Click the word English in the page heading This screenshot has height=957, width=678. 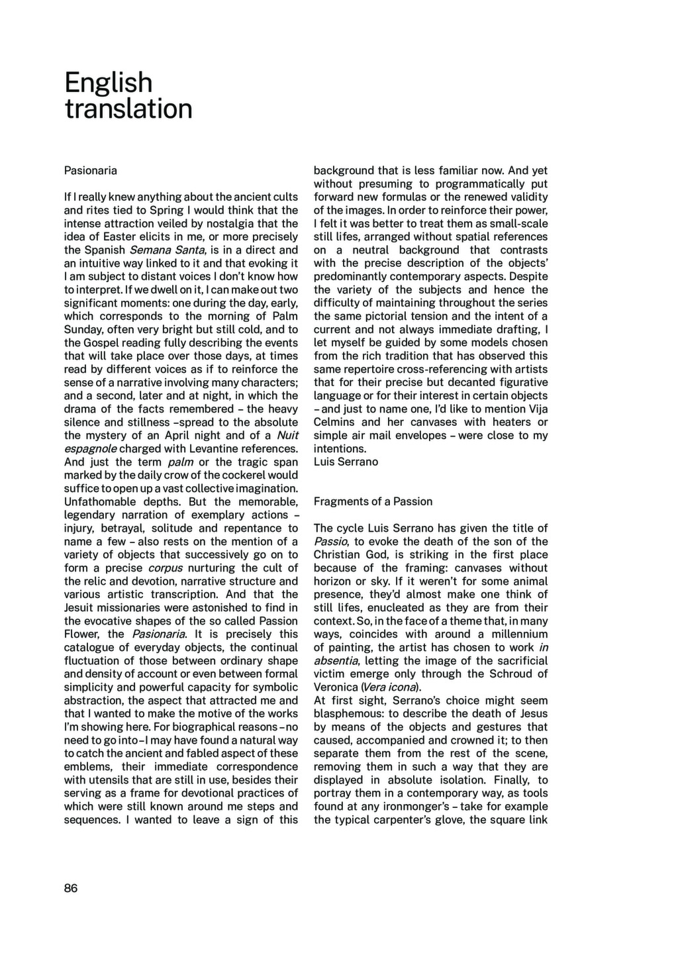point(109,83)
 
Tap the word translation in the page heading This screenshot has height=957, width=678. point(128,109)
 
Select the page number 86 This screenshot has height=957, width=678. point(71,888)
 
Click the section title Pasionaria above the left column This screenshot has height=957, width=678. point(91,170)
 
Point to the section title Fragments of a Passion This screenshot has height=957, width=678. point(373,501)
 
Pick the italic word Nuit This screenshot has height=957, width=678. point(287,435)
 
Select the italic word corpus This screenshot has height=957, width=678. point(165,568)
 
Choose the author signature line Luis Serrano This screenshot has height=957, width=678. point(346,462)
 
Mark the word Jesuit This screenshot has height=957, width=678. point(81,607)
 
